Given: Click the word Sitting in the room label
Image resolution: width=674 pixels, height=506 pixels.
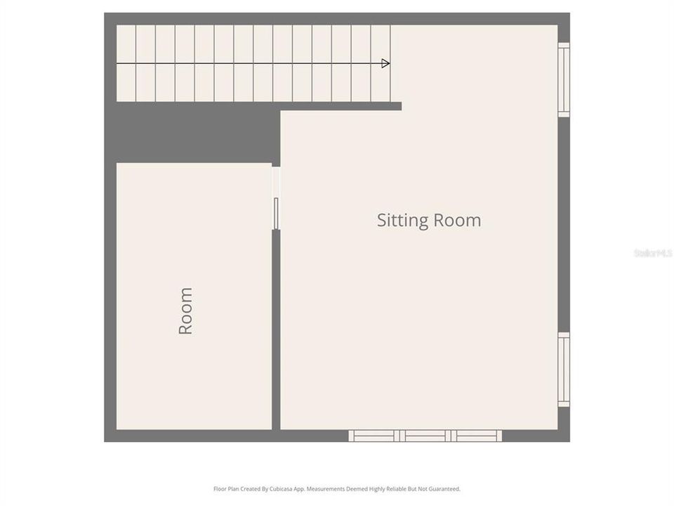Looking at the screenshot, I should tap(402, 221).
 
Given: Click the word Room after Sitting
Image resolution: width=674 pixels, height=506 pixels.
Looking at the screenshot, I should tap(456, 220).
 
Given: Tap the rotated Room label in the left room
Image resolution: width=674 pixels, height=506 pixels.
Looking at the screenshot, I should tap(185, 311).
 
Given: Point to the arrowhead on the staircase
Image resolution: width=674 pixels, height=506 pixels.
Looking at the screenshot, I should tap(385, 63).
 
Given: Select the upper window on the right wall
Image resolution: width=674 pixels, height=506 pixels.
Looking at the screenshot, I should tap(564, 79).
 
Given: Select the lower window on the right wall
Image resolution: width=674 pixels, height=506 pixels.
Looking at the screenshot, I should tap(564, 369).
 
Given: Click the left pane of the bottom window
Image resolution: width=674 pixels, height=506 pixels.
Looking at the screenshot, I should tap(374, 436).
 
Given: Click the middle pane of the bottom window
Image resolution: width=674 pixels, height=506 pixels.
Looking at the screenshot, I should tap(425, 436).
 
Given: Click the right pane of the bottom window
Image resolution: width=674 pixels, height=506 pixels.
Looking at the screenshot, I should tap(477, 436).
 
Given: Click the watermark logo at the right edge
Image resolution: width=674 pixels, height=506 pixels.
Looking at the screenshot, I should tap(653, 253).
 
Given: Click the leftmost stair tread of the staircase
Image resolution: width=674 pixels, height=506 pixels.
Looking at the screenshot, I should tap(126, 63).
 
